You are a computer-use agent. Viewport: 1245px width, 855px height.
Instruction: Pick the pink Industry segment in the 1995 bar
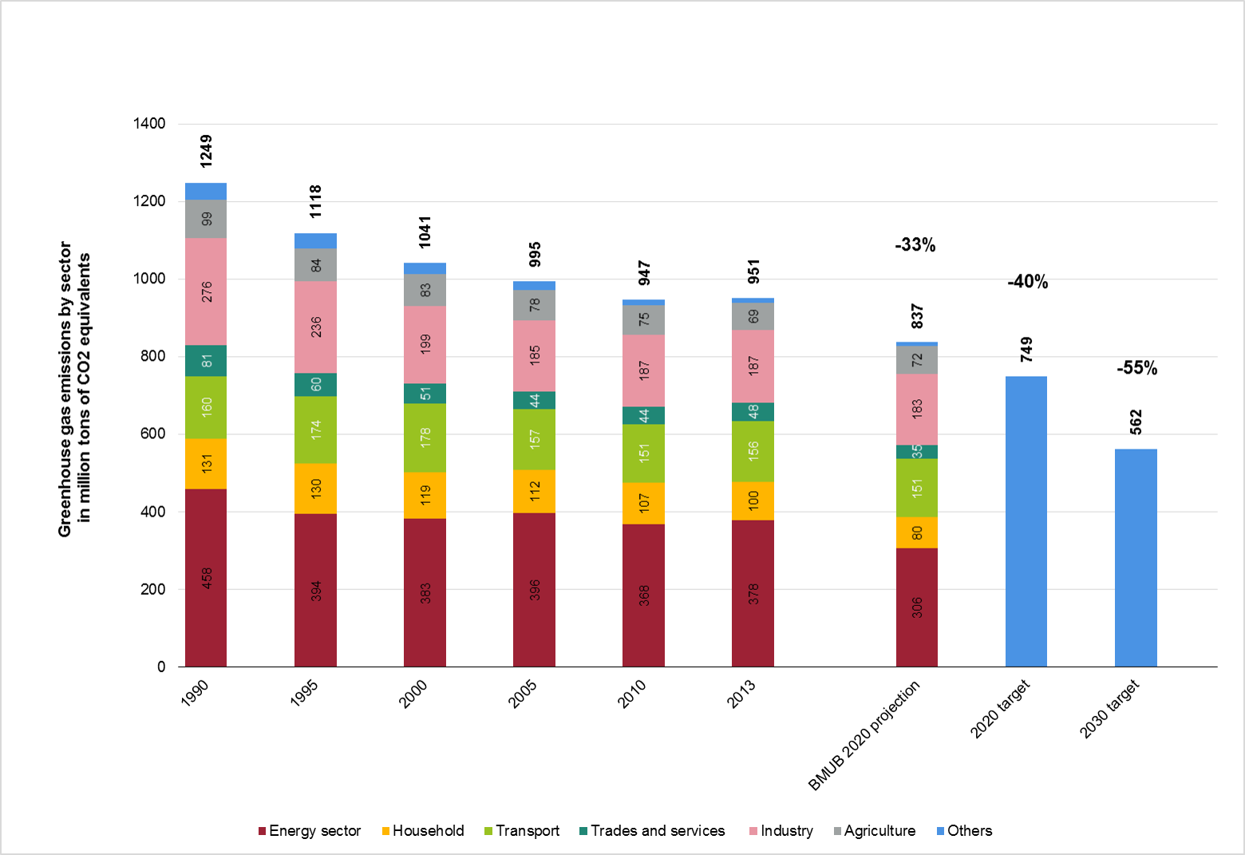(x=315, y=327)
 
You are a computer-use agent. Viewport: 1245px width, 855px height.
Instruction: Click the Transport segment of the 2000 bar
(x=425, y=437)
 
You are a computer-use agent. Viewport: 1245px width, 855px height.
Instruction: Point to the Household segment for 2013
(x=753, y=501)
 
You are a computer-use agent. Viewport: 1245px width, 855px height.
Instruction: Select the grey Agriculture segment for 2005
(x=534, y=305)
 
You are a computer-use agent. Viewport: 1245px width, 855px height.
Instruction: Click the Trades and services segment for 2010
(x=643, y=415)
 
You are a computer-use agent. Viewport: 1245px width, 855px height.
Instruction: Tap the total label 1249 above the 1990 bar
(x=206, y=151)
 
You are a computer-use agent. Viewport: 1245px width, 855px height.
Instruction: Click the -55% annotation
(x=1136, y=368)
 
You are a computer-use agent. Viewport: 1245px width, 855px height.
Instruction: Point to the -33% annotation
(x=915, y=245)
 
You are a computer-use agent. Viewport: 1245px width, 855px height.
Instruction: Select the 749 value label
(x=1026, y=350)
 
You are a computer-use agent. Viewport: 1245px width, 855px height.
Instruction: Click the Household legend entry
(x=423, y=831)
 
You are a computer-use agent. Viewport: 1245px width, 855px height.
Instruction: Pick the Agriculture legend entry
(x=875, y=831)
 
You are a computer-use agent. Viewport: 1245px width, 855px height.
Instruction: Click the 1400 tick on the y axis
(x=150, y=124)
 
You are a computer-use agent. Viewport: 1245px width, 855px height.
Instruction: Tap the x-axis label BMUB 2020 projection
(x=864, y=735)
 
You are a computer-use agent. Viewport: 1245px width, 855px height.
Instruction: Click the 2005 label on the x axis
(x=523, y=694)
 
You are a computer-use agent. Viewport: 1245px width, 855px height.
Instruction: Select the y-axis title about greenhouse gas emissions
(x=74, y=389)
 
